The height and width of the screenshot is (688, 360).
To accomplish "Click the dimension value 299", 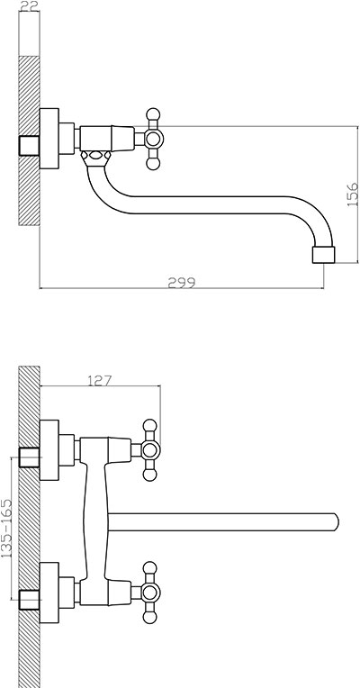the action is pos(182,282).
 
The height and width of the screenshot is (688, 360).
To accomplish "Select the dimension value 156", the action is pos(352,195).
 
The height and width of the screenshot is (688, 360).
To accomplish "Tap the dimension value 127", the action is pos(100,380).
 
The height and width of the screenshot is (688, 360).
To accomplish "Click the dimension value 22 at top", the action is pos(30,5).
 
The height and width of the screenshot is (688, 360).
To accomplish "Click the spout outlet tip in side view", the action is pos(324,255).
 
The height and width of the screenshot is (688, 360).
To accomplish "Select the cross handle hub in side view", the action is pos(153,139).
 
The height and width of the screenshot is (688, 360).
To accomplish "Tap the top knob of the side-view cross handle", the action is pos(153,114).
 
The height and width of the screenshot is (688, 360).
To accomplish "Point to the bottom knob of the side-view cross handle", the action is pos(153,164).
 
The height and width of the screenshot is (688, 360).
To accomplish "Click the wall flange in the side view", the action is pos(49,139).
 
